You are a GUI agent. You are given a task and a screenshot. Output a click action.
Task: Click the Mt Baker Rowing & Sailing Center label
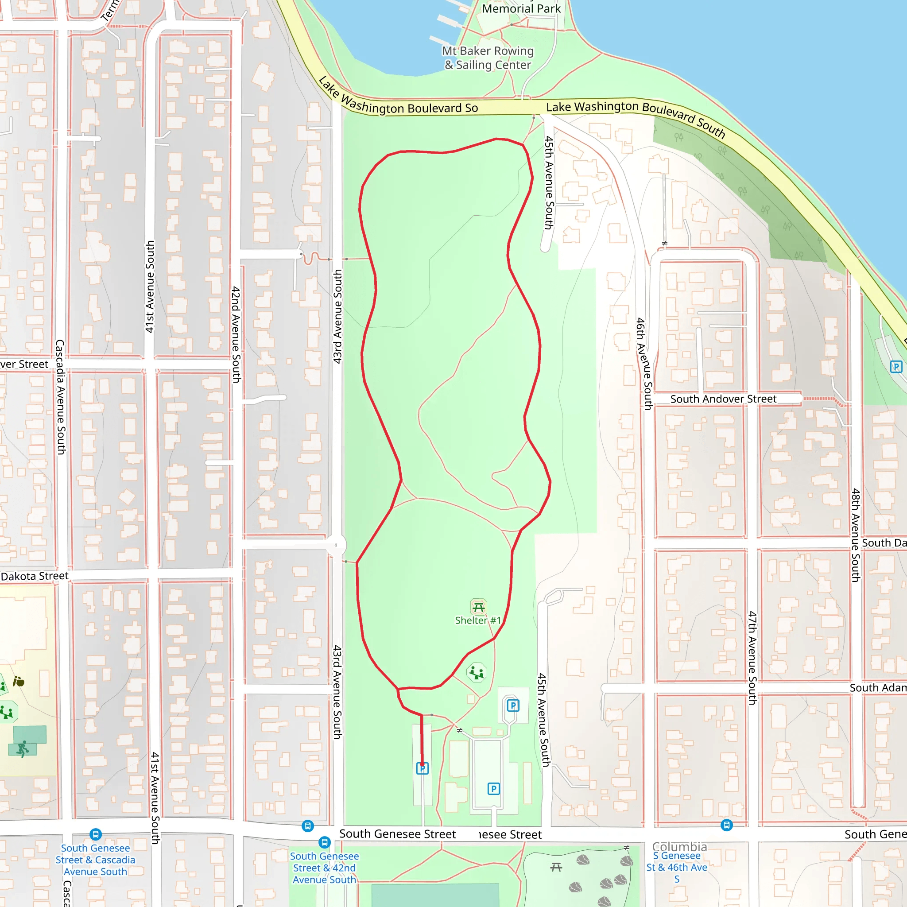point(488,58)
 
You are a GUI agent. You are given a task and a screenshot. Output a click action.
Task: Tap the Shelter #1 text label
point(478,620)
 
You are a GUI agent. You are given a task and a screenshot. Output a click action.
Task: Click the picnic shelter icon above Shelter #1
point(478,608)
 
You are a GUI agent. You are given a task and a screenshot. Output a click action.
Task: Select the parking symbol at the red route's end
point(422,768)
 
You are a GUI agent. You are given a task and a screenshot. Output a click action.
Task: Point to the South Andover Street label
point(723,399)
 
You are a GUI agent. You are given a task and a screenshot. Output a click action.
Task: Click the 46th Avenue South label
point(644,364)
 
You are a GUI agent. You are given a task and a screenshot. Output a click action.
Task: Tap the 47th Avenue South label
point(752,657)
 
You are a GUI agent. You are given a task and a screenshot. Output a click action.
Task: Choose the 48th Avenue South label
point(855,535)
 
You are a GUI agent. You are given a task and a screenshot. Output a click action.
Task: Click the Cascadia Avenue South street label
point(61,397)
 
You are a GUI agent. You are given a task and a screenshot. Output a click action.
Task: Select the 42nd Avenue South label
point(236,334)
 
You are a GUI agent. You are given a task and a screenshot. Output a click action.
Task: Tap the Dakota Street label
point(35,576)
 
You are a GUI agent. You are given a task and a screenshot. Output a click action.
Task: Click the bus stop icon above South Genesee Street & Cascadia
point(95,834)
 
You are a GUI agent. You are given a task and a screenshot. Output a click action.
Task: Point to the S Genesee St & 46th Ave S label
point(677,867)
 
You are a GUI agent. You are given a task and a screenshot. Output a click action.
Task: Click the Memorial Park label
point(521,8)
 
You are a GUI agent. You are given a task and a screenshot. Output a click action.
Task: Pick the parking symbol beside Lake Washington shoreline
point(896,367)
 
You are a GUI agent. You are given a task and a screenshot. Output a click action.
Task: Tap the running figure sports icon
point(22,748)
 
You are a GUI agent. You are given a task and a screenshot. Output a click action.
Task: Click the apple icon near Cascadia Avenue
point(18,681)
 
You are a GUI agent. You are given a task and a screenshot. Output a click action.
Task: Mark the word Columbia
point(679,847)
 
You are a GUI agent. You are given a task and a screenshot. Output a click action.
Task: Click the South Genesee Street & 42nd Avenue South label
point(324,868)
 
